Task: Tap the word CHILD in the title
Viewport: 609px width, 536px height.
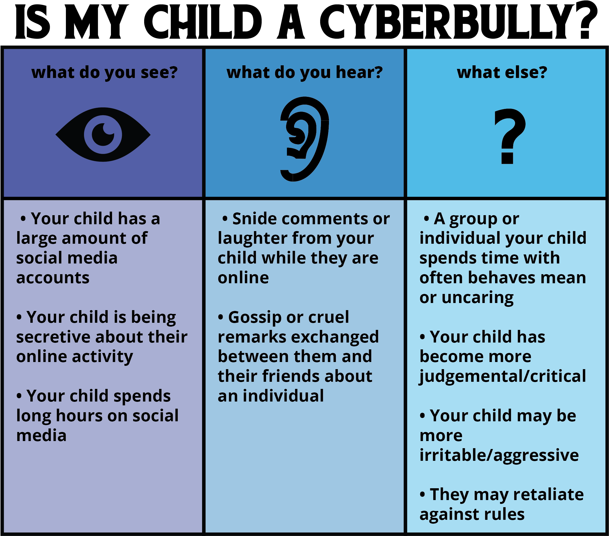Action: point(203,21)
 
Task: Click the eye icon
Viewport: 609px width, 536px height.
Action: point(103,134)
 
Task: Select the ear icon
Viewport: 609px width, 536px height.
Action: point(304,139)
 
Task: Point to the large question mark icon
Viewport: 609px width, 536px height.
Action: point(510,136)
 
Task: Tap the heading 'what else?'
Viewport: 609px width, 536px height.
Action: point(502,72)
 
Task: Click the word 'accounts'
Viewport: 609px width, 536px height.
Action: point(53,278)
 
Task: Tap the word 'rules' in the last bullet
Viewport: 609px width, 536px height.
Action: point(505,515)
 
